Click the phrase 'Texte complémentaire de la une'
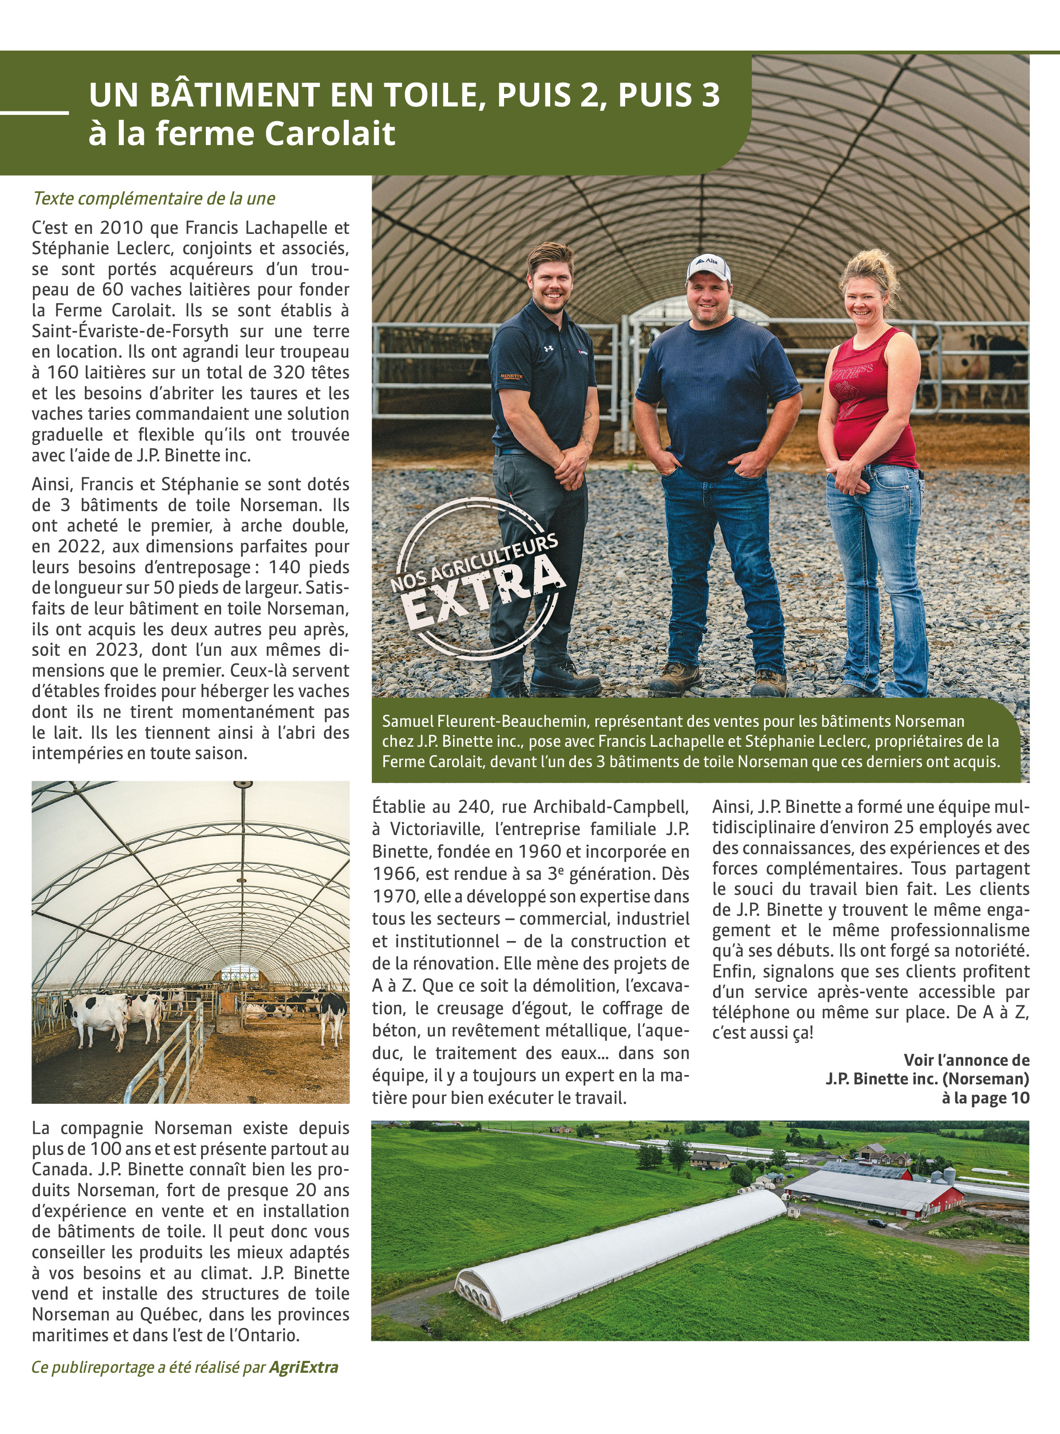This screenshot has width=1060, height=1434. pyautogui.click(x=154, y=198)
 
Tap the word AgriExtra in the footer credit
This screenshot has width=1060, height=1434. pyautogui.click(x=303, y=1367)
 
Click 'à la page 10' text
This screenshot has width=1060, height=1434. pyautogui.click(x=985, y=1098)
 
